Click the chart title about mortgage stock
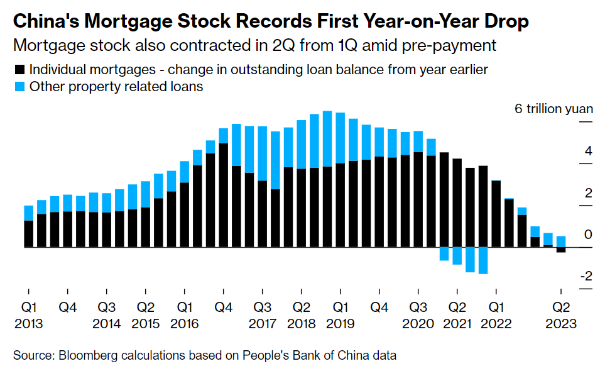pyautogui.click(x=270, y=21)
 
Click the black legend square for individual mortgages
pyautogui.click(x=19, y=70)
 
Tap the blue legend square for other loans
pyautogui.click(x=19, y=87)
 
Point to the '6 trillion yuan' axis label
pyautogui.click(x=553, y=108)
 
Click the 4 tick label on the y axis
pyautogui.click(x=588, y=151)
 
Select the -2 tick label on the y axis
pyautogui.click(x=586, y=276)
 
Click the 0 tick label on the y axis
pyautogui.click(x=588, y=235)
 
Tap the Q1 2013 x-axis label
pyautogui.click(x=28, y=316)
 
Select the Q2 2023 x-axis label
pyautogui.click(x=560, y=316)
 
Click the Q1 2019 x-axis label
pyautogui.click(x=340, y=316)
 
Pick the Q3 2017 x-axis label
pyautogui.click(x=262, y=316)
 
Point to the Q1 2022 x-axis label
pyautogui.click(x=496, y=316)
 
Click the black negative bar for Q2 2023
pyautogui.click(x=560, y=250)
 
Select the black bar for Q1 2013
pyautogui.click(x=28, y=234)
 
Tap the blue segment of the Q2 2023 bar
pyautogui.click(x=560, y=241)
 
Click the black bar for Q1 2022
pyautogui.click(x=496, y=214)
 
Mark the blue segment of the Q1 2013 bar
pyautogui.click(x=28, y=213)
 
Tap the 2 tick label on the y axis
pyautogui.click(x=588, y=193)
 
